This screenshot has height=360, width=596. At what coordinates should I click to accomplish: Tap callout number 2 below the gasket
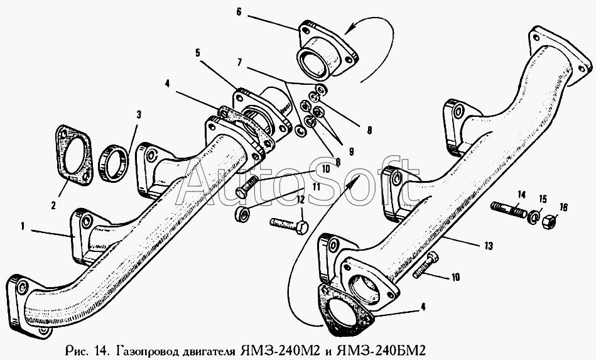pyautogui.click(x=53, y=205)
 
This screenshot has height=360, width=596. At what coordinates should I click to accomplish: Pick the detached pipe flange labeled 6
pyautogui.click(x=323, y=55)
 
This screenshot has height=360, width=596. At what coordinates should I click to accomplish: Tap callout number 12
pyautogui.click(x=300, y=199)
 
